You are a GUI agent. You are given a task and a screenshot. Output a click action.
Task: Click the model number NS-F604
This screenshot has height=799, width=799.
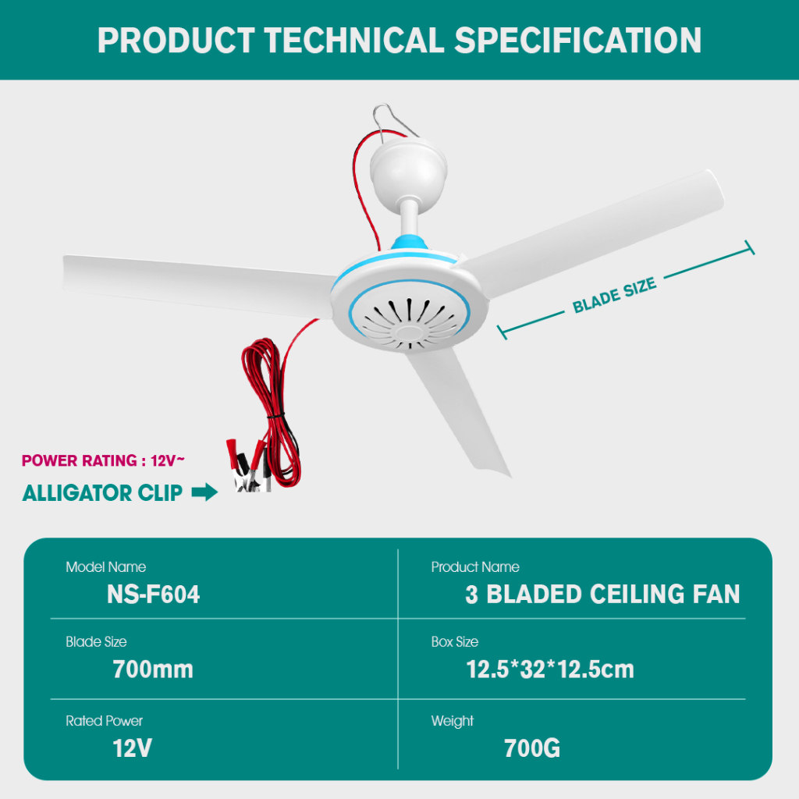153,594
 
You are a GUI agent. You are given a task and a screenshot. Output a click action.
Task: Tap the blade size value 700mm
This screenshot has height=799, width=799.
153,669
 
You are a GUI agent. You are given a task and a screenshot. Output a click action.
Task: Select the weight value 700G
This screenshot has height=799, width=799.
532,748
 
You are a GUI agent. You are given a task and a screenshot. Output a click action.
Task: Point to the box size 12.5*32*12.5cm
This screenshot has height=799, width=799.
550,669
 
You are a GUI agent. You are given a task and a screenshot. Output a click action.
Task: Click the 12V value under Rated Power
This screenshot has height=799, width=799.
132,748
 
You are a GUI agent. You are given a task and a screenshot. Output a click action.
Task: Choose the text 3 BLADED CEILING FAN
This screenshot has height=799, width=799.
602,594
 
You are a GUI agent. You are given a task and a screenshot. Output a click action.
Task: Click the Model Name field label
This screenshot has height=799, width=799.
105,566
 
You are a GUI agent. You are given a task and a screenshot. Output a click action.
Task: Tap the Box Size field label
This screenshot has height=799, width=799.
455,641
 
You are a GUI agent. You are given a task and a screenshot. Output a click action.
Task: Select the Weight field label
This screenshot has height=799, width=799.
452,721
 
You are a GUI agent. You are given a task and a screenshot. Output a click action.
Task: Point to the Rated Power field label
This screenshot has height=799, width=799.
104,720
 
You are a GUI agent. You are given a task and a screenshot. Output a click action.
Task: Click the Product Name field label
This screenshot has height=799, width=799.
475,566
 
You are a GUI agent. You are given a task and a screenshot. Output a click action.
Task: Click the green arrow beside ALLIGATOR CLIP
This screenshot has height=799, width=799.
204,492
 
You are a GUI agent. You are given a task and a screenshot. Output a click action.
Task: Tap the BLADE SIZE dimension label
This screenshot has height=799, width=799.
614,296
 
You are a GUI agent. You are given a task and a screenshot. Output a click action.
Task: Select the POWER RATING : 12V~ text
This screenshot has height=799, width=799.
103,460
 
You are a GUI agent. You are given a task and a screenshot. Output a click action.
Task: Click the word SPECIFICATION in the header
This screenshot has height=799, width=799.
578,41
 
